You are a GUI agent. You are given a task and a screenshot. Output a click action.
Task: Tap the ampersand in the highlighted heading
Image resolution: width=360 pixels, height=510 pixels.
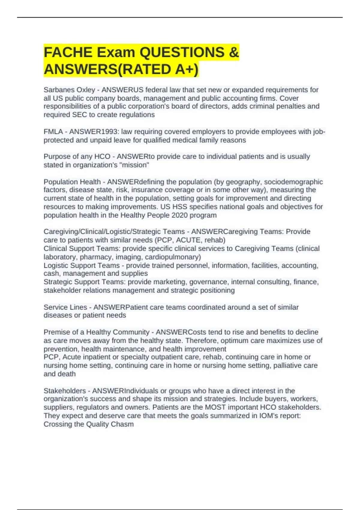click(x=233, y=52)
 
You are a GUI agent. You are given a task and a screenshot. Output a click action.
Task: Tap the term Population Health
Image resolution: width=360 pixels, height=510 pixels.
click(x=72, y=182)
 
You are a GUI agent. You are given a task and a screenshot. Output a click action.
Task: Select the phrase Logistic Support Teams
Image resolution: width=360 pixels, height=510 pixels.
click(x=82, y=265)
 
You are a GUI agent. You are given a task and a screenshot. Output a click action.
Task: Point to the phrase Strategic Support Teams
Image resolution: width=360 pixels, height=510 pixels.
click(x=84, y=282)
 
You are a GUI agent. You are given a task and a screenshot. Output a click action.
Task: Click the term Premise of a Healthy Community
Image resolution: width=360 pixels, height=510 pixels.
click(x=96, y=332)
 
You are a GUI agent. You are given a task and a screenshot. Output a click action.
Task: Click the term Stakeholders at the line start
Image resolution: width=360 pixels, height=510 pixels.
click(x=64, y=391)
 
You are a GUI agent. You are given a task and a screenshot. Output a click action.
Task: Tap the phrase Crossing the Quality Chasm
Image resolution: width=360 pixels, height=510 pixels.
click(x=88, y=424)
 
